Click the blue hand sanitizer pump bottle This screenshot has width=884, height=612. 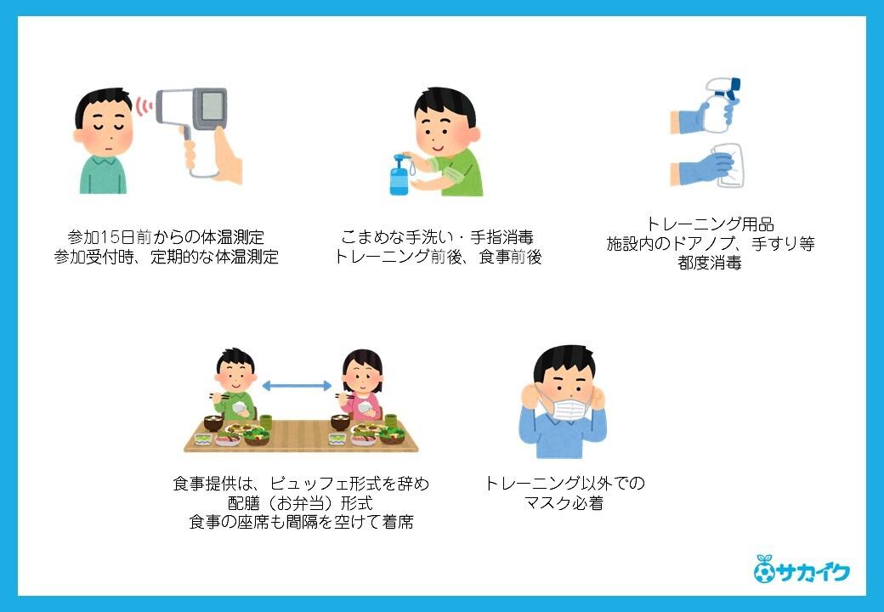(399, 175)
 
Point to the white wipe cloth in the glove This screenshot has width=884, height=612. (729, 166)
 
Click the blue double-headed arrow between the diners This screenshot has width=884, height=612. (297, 386)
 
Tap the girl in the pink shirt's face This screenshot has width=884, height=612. (362, 379)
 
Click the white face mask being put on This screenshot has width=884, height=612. (564, 408)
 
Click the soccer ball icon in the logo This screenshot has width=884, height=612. (764, 572)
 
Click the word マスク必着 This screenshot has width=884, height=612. (564, 502)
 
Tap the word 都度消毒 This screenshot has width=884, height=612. (709, 263)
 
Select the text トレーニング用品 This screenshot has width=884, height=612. (709, 224)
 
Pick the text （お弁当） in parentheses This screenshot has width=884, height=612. (300, 502)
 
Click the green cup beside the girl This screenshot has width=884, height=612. (391, 420)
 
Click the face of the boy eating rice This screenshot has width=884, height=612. (235, 375)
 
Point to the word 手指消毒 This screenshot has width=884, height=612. (501, 237)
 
